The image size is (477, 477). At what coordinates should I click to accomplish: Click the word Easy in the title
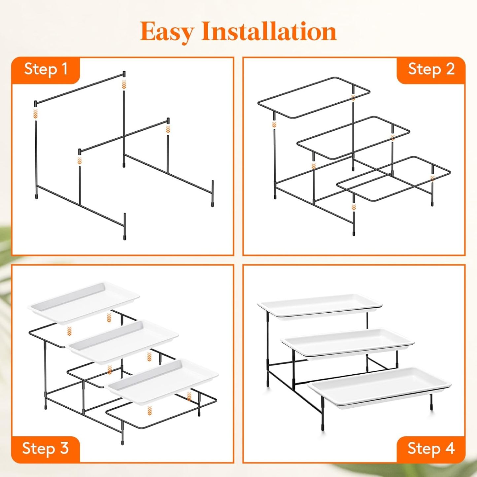tap(167, 32)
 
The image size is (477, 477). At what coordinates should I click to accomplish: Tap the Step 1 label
tap(46, 69)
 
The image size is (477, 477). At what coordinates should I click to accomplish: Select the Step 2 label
tap(431, 69)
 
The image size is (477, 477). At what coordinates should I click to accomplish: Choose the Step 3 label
tap(46, 449)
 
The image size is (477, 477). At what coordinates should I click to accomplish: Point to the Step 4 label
tap(431, 449)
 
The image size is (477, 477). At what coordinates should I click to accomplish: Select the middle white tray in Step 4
tap(347, 342)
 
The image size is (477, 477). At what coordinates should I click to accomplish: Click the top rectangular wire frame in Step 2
tap(314, 97)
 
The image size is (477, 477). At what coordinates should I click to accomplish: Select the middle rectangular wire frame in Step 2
tap(353, 137)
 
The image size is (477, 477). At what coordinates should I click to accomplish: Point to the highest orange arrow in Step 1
tap(124, 84)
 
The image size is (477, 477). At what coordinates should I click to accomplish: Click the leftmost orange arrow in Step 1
tap(36, 114)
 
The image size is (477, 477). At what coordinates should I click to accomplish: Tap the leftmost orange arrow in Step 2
tap(274, 124)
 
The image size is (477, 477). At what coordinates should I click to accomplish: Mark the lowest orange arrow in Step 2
tap(354, 207)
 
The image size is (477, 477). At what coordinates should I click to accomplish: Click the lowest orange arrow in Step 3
tap(150, 410)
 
